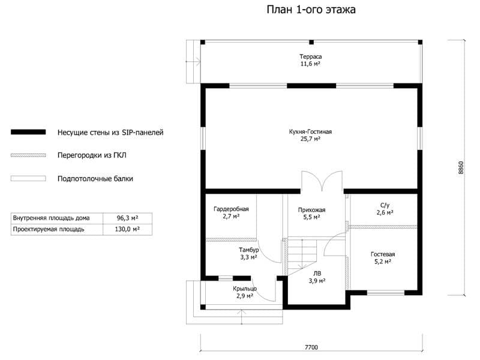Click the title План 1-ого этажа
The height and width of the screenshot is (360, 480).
tap(311, 10)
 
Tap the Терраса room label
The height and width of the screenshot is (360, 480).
tap(310, 56)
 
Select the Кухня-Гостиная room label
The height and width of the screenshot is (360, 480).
tap(310, 131)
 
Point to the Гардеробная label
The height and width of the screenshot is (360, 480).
tap(231, 209)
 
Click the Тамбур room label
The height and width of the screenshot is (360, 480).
tap(248, 250)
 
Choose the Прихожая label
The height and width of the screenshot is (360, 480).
tap(311, 210)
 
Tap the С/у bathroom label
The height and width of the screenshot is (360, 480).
tap(385, 205)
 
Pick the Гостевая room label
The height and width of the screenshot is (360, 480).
tap(383, 254)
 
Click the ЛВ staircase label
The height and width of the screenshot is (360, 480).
tap(317, 274)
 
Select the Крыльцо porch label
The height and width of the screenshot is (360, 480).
tap(245, 289)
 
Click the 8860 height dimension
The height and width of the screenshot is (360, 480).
tap(461, 168)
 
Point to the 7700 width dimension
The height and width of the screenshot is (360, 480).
tap(311, 347)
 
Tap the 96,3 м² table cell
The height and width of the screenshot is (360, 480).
tap(127, 218)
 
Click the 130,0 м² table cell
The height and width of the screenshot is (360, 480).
tap(127, 229)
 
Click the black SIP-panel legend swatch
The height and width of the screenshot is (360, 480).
tap(28, 132)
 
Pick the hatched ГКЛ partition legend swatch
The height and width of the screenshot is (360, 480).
tap(28, 155)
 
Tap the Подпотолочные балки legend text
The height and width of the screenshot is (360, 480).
tap(95, 178)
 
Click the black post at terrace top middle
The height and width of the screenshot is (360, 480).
tap(311, 42)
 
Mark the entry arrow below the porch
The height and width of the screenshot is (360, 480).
tap(242, 317)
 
